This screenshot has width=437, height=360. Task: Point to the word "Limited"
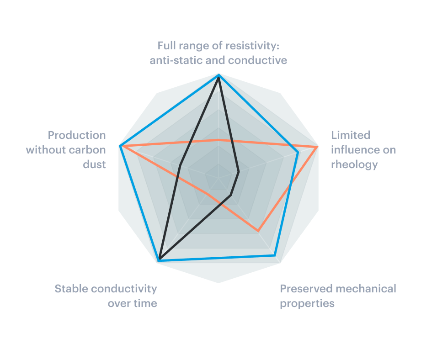click(x=351, y=135)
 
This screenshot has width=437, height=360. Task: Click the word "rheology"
click(x=355, y=164)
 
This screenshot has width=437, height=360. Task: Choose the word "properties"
click(x=307, y=304)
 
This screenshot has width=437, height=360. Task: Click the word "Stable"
click(x=71, y=289)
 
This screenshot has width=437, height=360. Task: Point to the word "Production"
click(x=77, y=135)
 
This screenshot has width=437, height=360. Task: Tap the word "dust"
click(x=95, y=164)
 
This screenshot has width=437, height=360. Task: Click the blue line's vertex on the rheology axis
click(x=298, y=152)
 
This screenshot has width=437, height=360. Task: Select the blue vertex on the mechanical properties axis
click(x=275, y=255)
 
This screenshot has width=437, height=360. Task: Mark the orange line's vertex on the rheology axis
click(x=317, y=146)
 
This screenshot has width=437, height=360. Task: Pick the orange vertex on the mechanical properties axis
click(x=258, y=231)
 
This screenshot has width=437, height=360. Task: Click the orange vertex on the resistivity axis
click(x=219, y=139)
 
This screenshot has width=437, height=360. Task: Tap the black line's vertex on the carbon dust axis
click(x=180, y=165)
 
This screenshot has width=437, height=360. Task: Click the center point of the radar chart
click(x=219, y=178)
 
